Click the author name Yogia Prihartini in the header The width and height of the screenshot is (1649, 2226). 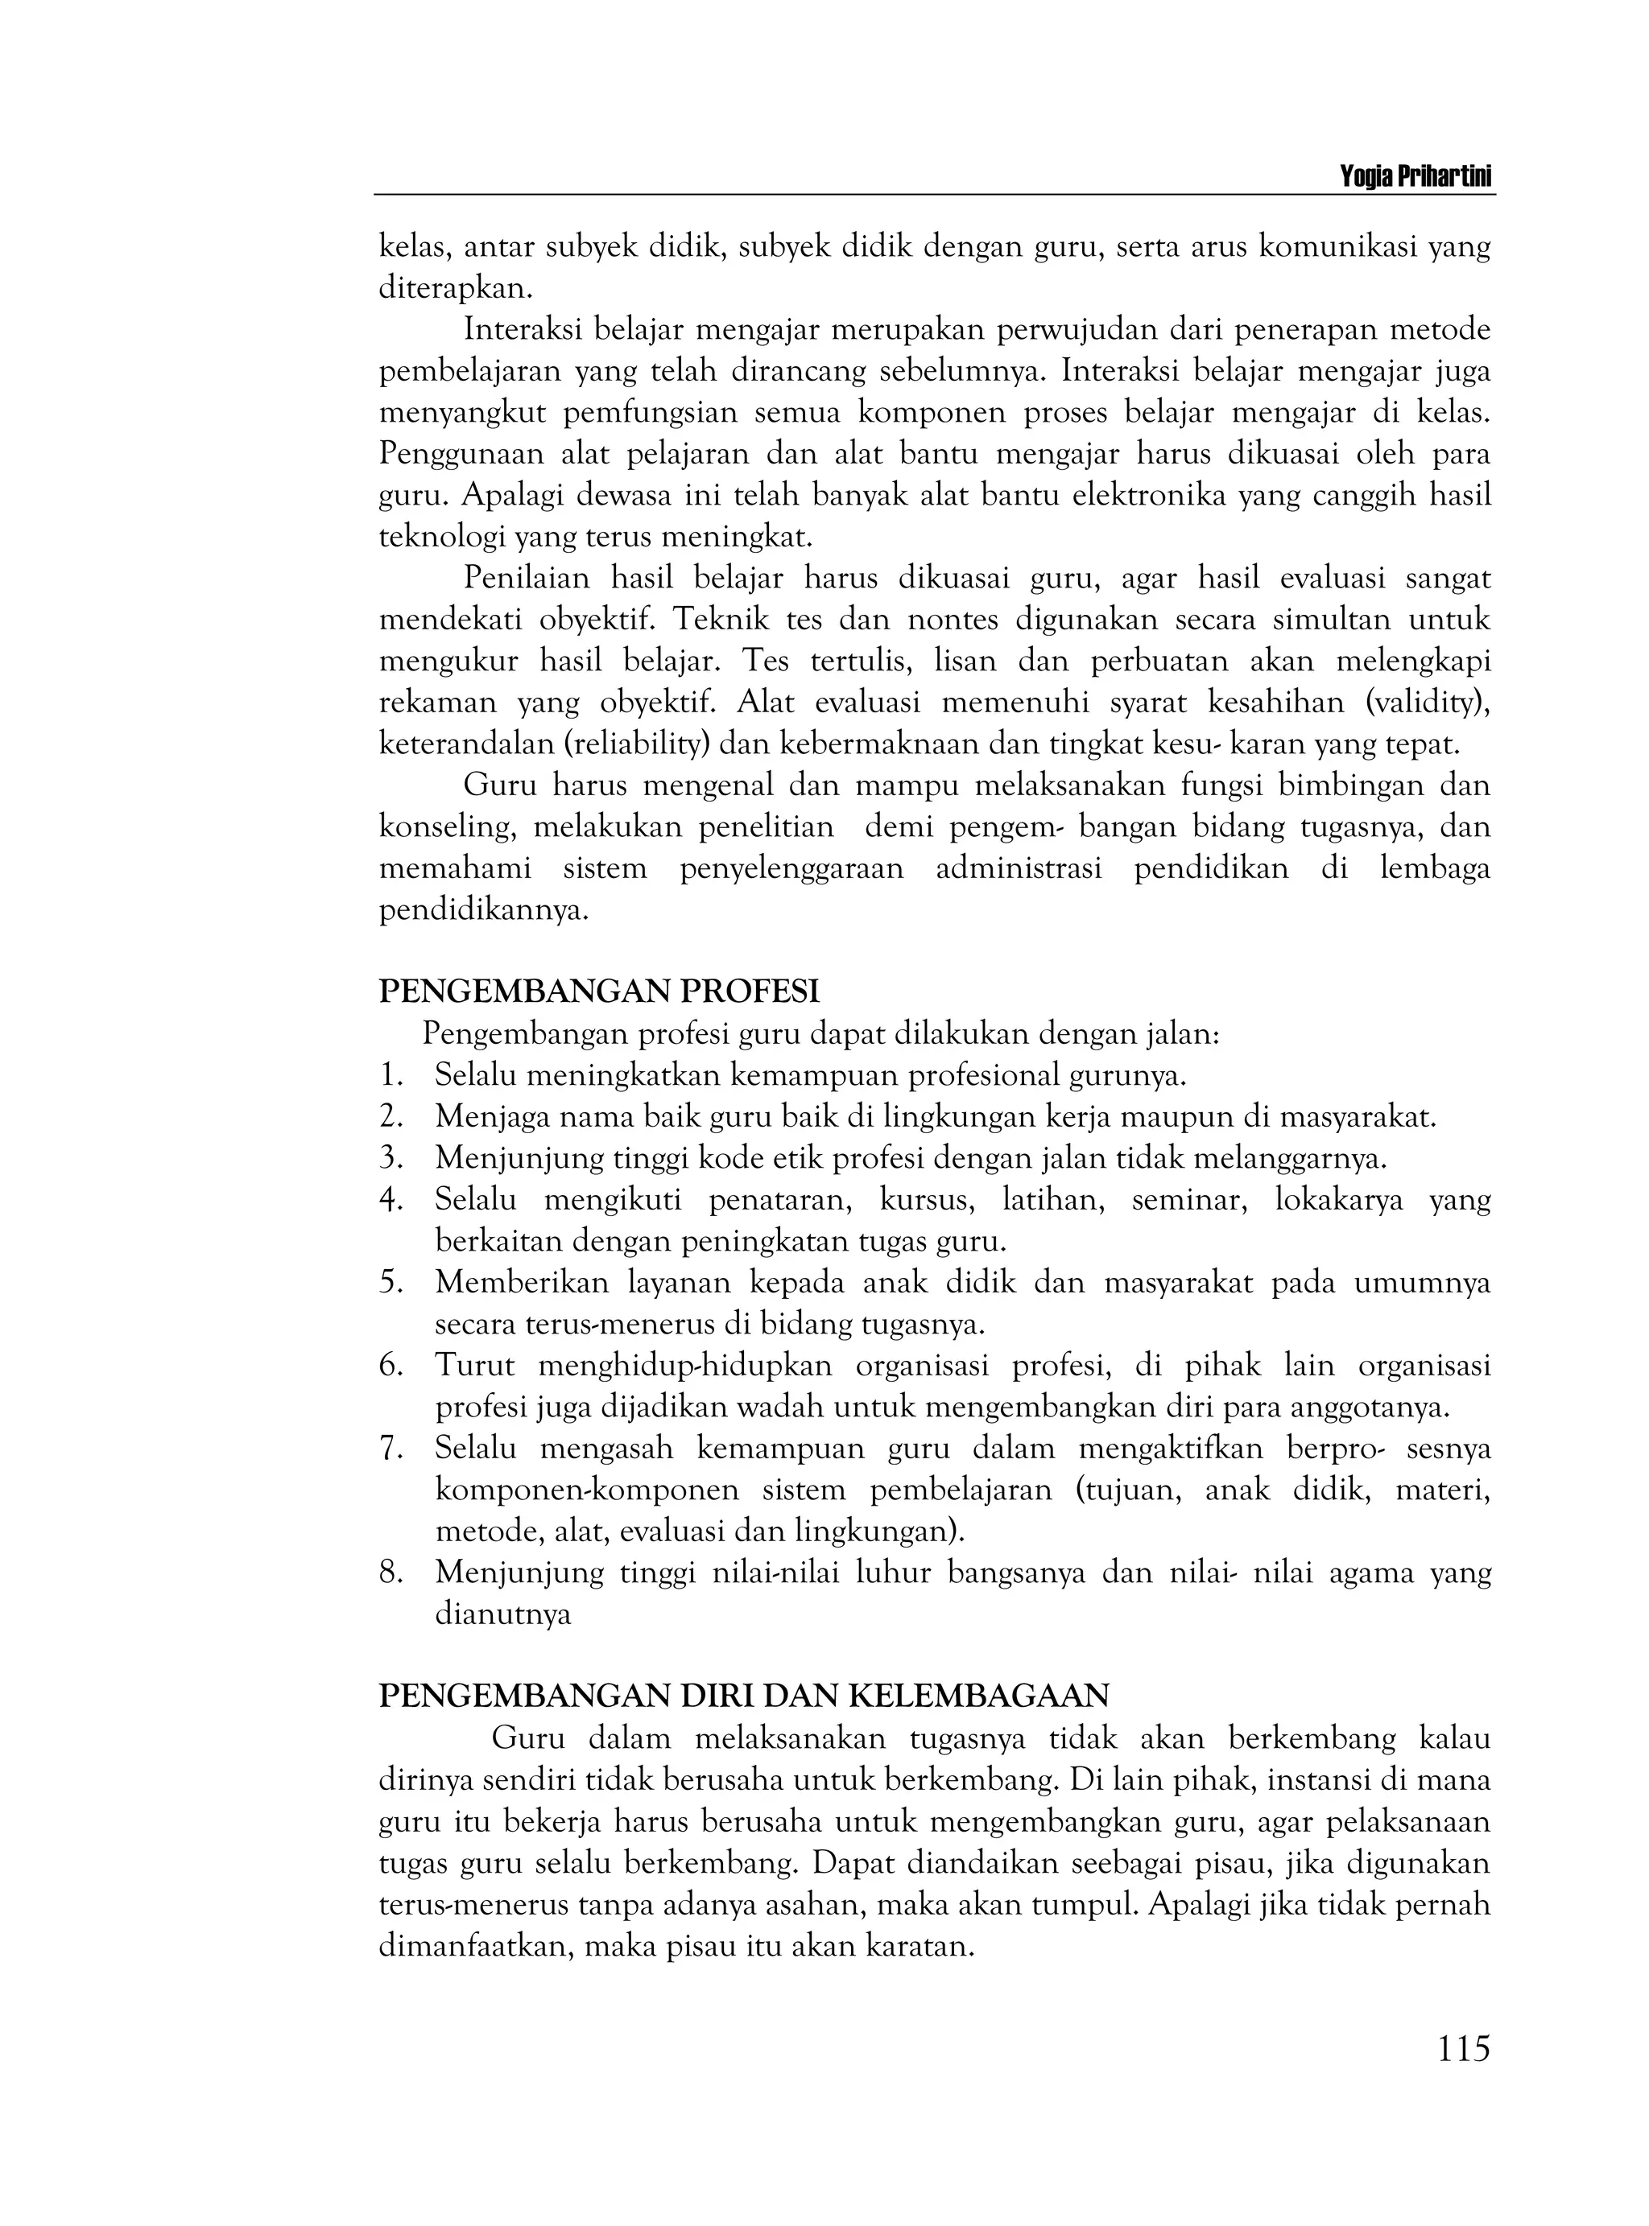(1415, 178)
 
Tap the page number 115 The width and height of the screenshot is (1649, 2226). (1463, 2048)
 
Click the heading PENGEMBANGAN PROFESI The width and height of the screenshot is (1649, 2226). (599, 991)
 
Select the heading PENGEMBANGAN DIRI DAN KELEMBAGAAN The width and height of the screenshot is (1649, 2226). (745, 1696)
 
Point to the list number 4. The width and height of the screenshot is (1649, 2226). (391, 1200)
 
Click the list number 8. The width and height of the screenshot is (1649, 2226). (391, 1573)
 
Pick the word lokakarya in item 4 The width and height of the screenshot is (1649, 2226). (1338, 1200)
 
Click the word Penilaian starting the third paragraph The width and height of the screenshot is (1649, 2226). (526, 579)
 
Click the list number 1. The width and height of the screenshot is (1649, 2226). (391, 1076)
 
